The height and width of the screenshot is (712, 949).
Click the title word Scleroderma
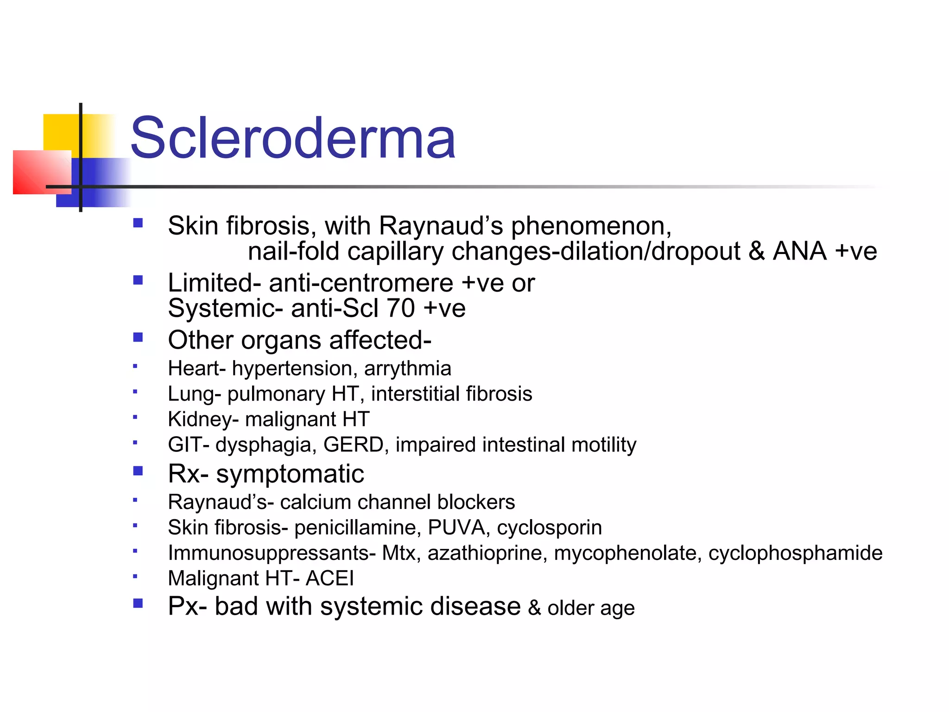(x=293, y=138)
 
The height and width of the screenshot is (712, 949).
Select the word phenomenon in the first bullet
(x=591, y=227)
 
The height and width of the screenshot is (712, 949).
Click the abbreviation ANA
(x=799, y=251)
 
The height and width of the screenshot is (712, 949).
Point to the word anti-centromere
(x=361, y=283)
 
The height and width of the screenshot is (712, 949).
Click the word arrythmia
(x=407, y=369)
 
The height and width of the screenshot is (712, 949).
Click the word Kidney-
(x=203, y=420)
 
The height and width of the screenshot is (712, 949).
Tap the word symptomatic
(x=290, y=474)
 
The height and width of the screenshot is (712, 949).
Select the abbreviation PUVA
(x=456, y=528)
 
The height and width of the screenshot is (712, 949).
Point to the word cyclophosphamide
(x=795, y=553)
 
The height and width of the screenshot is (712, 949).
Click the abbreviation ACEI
(x=329, y=578)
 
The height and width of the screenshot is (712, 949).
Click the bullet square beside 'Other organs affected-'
(x=138, y=337)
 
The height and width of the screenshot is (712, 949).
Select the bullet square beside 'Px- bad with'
(x=138, y=603)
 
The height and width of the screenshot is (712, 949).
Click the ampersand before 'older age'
(x=534, y=608)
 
